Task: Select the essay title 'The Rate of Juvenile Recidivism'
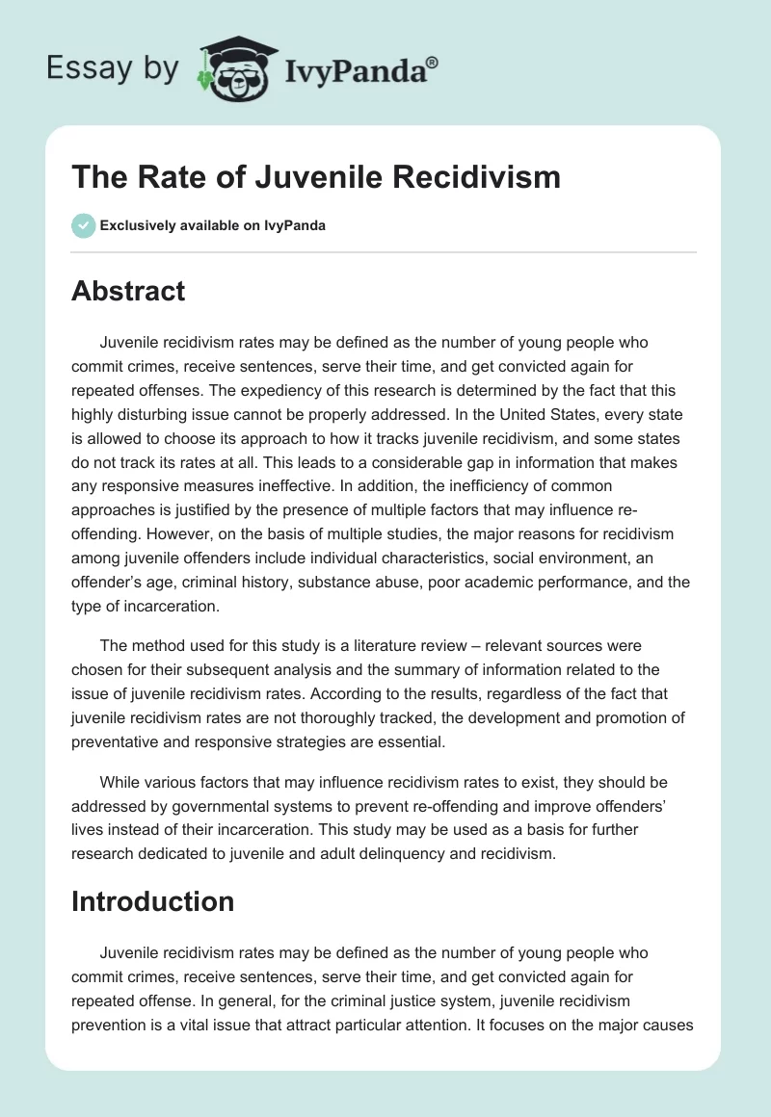coord(316,177)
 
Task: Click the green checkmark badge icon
coord(82,226)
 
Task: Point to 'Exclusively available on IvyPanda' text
coord(213,226)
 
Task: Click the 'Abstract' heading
coord(128,291)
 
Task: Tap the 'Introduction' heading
coord(153,900)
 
